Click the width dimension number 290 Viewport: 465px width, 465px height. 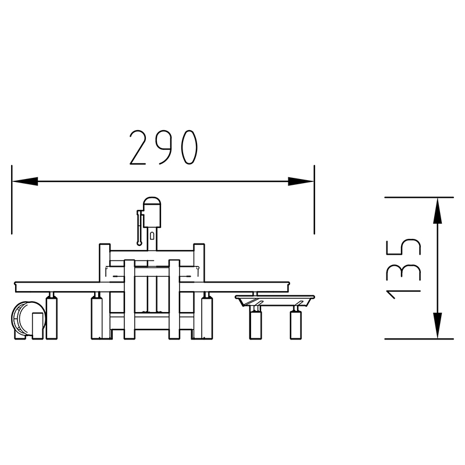pos(163,148)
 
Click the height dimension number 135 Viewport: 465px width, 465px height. pos(403,269)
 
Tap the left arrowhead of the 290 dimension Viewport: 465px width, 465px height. pos(25,181)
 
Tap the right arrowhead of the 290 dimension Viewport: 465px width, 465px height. pos(301,181)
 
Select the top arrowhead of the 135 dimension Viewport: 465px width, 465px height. pos(438,210)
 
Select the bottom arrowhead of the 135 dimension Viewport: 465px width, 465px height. pos(438,325)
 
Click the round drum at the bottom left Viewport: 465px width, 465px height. pos(28,320)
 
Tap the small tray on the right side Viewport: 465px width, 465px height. pos(275,301)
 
